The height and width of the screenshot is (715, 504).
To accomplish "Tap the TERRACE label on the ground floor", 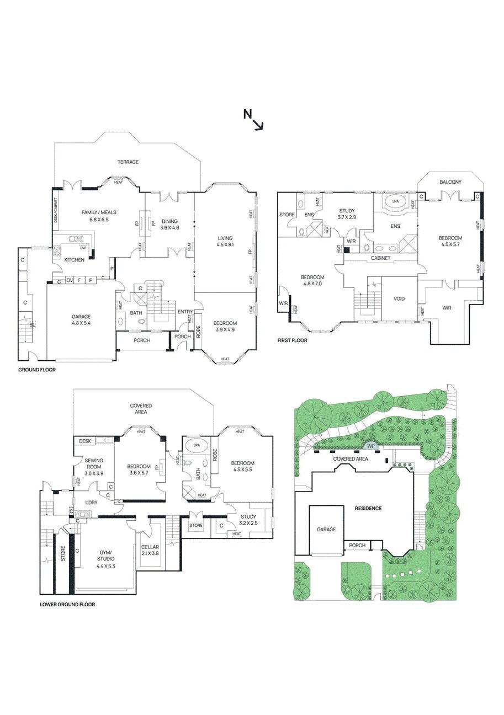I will (x=128, y=162).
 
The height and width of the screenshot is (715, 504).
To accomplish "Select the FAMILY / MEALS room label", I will (x=99, y=216).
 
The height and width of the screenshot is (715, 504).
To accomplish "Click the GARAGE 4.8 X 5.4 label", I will (x=81, y=320).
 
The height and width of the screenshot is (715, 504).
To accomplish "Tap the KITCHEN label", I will (x=75, y=259).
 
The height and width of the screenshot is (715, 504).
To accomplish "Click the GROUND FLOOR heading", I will (x=37, y=370).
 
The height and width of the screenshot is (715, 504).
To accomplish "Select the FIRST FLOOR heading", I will (x=292, y=340).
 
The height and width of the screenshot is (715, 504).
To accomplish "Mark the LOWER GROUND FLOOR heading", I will (x=67, y=605).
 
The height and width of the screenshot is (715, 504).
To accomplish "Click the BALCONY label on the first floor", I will (x=450, y=182).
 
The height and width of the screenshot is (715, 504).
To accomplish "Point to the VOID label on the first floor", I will (x=399, y=298).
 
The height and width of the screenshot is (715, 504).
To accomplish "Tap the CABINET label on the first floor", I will (x=381, y=258).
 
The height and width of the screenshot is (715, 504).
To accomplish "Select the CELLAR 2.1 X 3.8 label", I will (x=150, y=550).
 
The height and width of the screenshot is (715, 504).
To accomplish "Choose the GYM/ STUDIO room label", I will (x=105, y=559).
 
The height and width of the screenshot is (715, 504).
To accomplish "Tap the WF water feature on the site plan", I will (x=370, y=446).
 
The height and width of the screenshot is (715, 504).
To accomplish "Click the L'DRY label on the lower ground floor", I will (x=91, y=502).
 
